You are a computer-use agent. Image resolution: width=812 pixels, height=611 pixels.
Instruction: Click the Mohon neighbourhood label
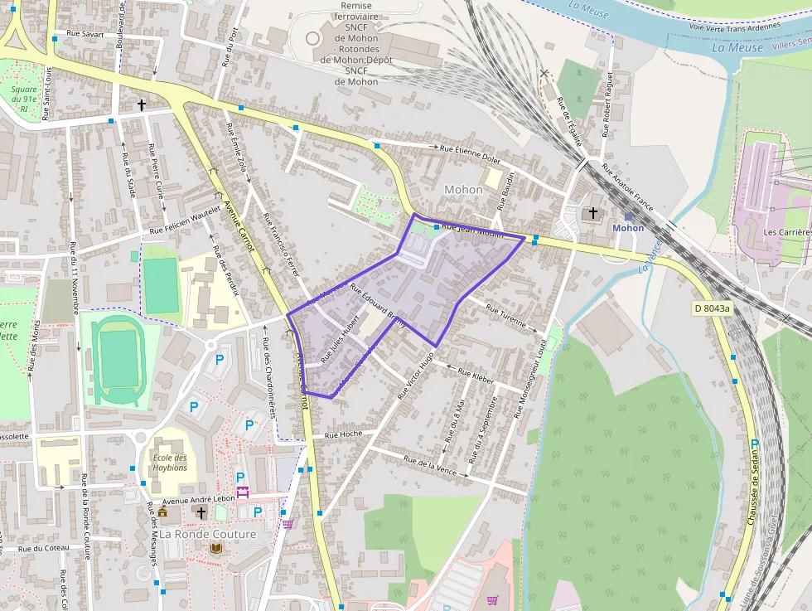click(463, 189)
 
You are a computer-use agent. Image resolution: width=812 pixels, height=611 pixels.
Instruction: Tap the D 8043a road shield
click(713, 308)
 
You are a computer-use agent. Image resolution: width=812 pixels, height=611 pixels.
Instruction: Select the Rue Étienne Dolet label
click(470, 150)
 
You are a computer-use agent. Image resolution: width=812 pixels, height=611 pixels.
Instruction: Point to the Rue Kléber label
click(471, 376)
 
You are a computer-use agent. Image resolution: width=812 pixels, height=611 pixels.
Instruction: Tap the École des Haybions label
click(169, 463)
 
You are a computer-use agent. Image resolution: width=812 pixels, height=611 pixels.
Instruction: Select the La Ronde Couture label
click(208, 534)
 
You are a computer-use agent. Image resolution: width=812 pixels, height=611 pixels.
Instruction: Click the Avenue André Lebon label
click(199, 499)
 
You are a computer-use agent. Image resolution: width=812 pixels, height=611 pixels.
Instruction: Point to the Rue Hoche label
click(343, 434)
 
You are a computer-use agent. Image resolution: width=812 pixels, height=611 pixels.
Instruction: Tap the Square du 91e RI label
click(25, 98)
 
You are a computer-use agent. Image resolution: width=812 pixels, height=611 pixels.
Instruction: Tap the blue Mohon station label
click(627, 228)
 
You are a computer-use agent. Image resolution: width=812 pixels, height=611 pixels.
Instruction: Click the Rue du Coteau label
click(45, 548)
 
